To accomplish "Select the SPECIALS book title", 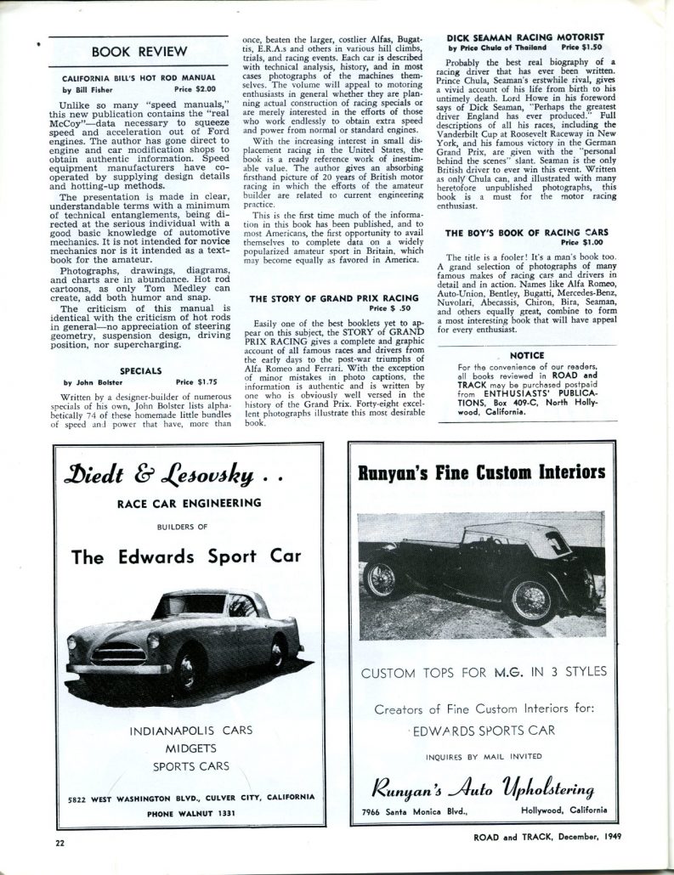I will [x=136, y=371].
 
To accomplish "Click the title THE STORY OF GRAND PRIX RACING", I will [x=333, y=298].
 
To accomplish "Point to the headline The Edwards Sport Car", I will [x=185, y=557].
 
